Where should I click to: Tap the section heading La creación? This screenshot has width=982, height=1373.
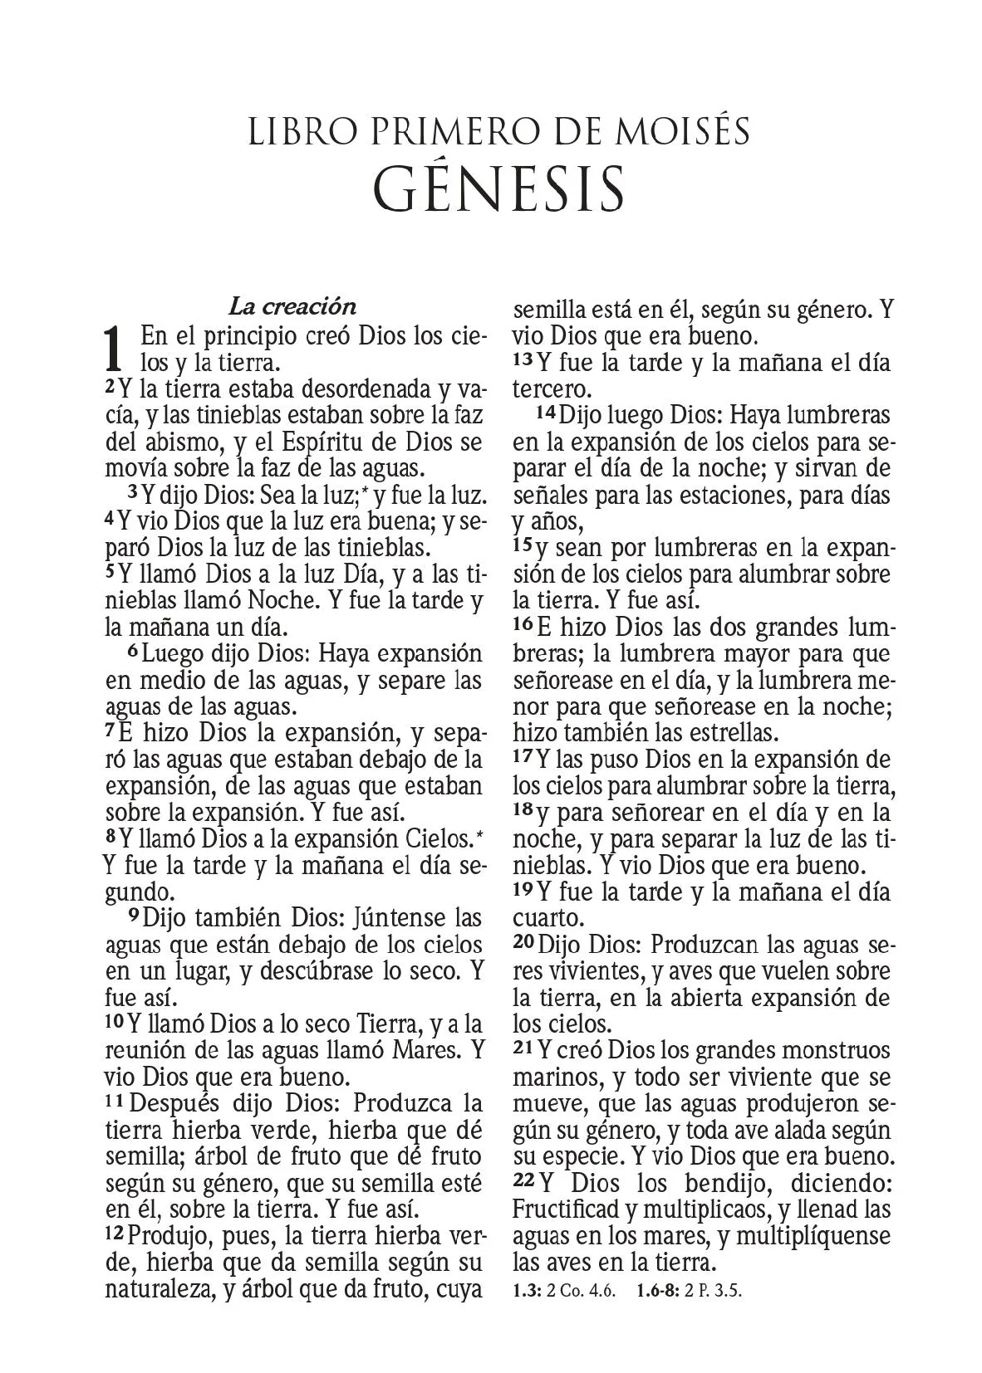point(292,306)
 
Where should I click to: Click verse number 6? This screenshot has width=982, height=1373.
point(133,652)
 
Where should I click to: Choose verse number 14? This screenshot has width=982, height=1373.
point(545,412)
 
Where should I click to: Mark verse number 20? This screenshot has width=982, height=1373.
point(523,943)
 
